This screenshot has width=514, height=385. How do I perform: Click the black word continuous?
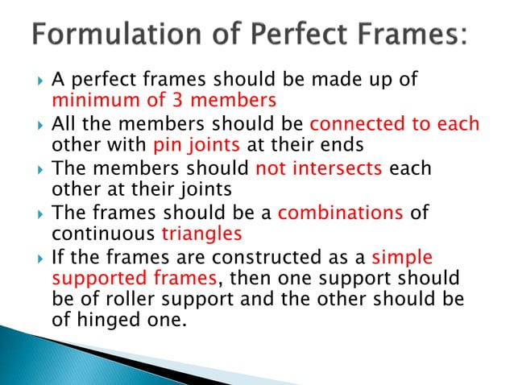tap(104, 234)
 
